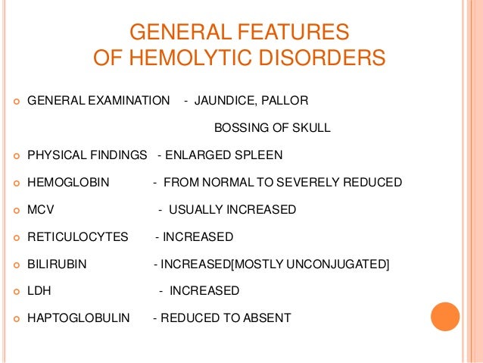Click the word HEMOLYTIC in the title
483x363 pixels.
[x=202, y=58]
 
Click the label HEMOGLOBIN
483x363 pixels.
[x=68, y=183]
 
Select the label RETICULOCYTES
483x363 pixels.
[x=78, y=237]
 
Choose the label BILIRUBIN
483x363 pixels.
[x=57, y=264]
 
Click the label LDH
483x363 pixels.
[x=39, y=291]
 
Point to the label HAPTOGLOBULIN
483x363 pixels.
[x=78, y=318]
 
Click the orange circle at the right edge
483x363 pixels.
[x=445, y=316]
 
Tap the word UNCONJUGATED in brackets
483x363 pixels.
[x=345, y=264]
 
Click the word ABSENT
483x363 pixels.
[x=266, y=318]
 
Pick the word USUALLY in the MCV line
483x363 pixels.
[x=193, y=210]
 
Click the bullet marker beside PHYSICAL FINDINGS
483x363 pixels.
[x=14, y=156]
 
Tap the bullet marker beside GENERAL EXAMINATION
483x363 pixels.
[x=14, y=101]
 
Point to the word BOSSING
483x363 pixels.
[x=241, y=127]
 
